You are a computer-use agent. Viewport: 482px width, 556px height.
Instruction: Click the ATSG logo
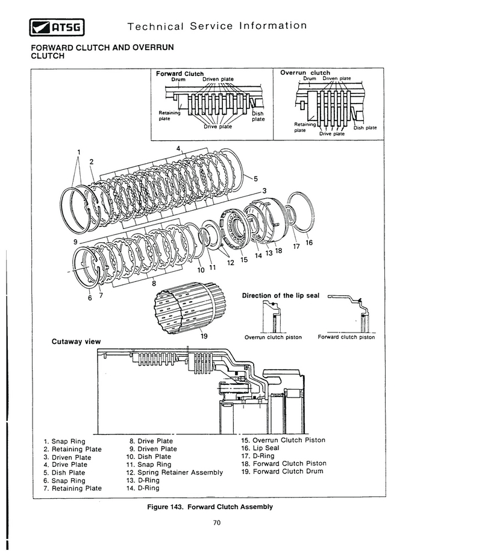[57, 27]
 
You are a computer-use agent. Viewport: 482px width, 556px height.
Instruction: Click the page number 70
[217, 523]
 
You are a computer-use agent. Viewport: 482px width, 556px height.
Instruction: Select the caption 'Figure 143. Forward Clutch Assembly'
[210, 507]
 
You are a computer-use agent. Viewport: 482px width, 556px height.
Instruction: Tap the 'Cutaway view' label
[77, 342]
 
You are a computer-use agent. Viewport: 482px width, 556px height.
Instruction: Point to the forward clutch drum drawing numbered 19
[190, 307]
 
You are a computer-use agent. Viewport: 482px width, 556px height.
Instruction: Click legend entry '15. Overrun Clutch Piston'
[283, 440]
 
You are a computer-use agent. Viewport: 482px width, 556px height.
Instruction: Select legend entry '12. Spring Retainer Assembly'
[175, 472]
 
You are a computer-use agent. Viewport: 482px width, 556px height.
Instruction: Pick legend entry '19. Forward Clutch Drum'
[283, 471]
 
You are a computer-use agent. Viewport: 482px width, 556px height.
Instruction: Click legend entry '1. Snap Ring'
[64, 442]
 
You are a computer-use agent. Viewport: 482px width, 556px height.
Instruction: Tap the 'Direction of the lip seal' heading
[281, 295]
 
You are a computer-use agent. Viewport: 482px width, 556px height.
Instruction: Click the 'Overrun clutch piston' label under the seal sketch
[273, 337]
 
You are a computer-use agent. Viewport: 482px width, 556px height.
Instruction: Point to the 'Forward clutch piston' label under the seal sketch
[346, 337]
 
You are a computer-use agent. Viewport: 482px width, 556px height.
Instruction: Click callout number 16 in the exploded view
[309, 243]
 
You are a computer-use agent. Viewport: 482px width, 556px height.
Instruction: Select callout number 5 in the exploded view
[255, 179]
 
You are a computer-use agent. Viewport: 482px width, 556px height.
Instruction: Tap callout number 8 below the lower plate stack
[154, 283]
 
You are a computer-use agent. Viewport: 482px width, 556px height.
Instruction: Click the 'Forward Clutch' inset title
[180, 73]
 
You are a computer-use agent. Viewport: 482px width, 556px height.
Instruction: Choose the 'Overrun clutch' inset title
[305, 73]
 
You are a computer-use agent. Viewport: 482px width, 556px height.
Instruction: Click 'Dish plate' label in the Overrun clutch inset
[365, 128]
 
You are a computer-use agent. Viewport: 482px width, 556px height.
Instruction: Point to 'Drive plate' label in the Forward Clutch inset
[218, 127]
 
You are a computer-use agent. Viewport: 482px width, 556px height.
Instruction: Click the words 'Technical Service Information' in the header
[217, 26]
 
